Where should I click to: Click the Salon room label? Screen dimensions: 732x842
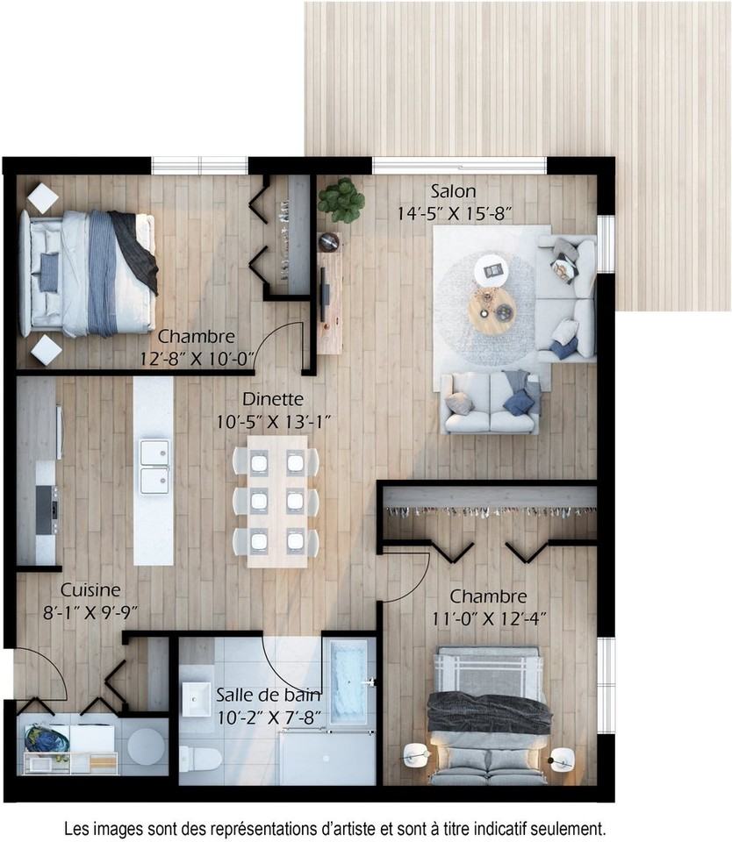tap(453, 191)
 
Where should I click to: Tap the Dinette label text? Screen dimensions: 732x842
tap(272, 399)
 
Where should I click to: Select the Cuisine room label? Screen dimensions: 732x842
tap(90, 589)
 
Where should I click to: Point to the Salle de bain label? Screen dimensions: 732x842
tap(269, 695)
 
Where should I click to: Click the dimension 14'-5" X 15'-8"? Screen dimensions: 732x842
tap(454, 214)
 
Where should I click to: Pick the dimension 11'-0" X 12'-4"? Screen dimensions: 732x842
tap(489, 619)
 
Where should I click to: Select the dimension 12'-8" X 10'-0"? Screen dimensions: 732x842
tap(197, 359)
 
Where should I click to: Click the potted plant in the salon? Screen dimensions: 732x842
tap(341, 200)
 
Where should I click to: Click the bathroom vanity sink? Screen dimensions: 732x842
tap(196, 699)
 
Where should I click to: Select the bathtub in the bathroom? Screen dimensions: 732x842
tap(348, 682)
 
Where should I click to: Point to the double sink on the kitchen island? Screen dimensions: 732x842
tap(154, 467)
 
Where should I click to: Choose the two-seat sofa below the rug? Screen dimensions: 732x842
tap(490, 402)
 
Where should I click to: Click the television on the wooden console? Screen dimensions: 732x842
tap(324, 295)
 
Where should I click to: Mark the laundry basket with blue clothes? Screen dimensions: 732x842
tap(47, 739)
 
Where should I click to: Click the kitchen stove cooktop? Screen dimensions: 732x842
tap(47, 510)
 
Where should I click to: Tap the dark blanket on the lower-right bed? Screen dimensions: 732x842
tap(489, 713)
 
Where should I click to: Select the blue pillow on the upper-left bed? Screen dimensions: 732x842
tap(49, 272)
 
